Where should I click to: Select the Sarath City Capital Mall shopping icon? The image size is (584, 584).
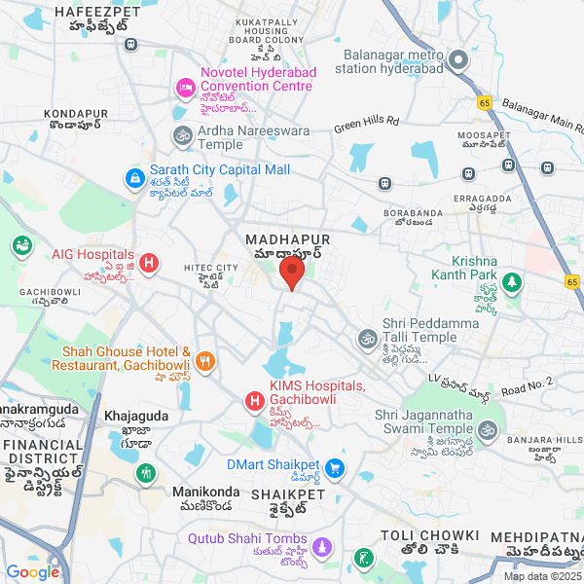click(134, 178)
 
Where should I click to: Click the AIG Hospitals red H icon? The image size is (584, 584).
click(149, 262)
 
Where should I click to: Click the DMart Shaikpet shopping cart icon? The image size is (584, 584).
click(335, 469)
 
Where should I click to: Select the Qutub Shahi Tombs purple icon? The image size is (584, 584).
click(323, 547)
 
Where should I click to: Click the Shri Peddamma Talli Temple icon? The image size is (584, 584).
click(367, 339)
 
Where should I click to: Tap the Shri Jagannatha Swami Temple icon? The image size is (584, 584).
click(488, 429)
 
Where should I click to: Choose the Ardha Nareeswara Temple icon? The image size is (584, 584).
click(182, 135)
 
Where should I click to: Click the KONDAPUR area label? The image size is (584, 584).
click(75, 114)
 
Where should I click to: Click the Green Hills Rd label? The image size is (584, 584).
click(367, 123)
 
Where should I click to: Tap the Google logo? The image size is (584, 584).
click(33, 572)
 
